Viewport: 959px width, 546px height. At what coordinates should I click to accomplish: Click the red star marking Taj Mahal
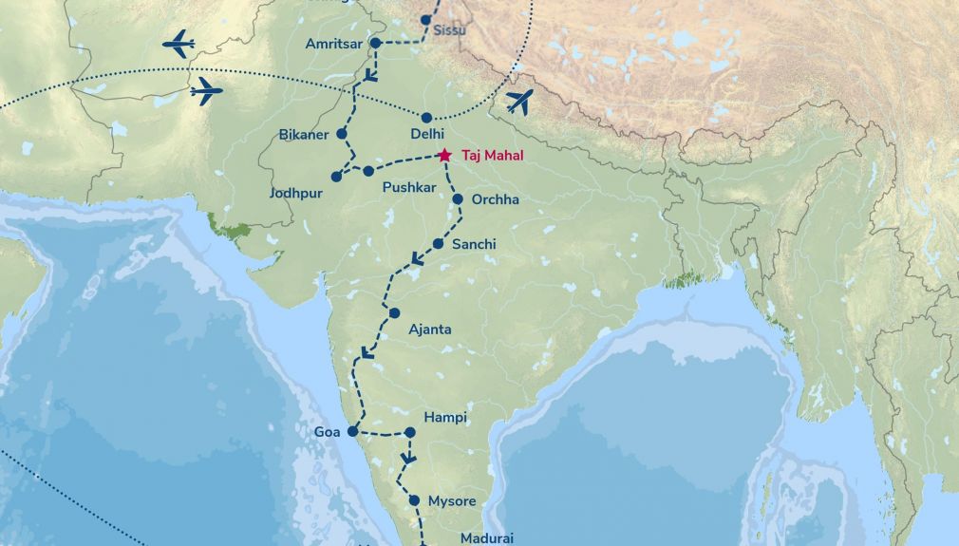(x=444, y=155)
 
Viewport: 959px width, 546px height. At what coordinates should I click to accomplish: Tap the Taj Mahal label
(x=492, y=155)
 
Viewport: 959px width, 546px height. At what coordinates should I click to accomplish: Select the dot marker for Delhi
(x=427, y=118)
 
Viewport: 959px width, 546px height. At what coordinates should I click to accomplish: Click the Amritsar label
(x=334, y=44)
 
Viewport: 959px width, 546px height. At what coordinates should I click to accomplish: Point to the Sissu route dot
(x=426, y=20)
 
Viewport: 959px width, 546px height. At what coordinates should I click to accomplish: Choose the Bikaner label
(x=304, y=135)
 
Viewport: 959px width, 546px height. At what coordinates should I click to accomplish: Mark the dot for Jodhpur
(x=336, y=177)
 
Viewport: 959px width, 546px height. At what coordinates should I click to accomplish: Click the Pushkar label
(x=409, y=188)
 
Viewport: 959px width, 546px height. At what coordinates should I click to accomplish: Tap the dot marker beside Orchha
(x=458, y=199)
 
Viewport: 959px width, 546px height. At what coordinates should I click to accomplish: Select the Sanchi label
(x=474, y=244)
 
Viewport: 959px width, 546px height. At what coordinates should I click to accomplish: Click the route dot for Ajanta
(x=394, y=313)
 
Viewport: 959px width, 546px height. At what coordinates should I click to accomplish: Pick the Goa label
(x=327, y=432)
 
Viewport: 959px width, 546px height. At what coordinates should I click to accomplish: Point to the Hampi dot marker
(x=410, y=432)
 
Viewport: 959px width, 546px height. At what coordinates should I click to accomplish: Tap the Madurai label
(x=487, y=538)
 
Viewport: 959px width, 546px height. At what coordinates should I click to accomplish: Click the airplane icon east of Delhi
(x=519, y=101)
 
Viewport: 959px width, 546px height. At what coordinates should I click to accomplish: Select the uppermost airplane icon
(x=179, y=44)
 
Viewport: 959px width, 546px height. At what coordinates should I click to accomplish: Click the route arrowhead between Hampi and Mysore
(x=408, y=458)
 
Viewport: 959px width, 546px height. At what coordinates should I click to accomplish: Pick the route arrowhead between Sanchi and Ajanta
(x=415, y=259)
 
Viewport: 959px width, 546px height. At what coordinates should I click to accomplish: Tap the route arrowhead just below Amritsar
(x=371, y=75)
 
